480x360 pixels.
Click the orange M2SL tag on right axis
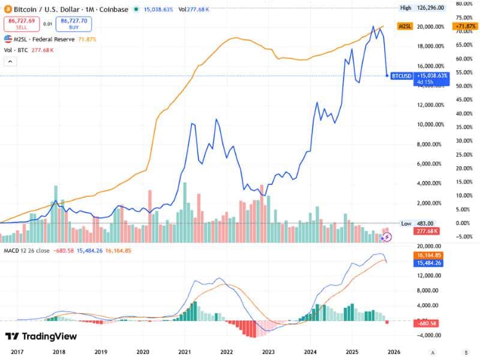pyautogui.click(x=406, y=27)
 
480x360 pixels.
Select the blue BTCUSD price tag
pyautogui.click(x=401, y=76)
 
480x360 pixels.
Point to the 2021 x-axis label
pyautogui.click(x=184, y=352)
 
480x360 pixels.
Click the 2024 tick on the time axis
pyautogui.click(x=310, y=352)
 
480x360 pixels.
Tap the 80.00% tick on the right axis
pyautogui.click(x=466, y=4)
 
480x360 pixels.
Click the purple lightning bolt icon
pyautogui.click(x=387, y=237)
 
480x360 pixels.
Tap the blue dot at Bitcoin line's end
pyautogui.click(x=387, y=76)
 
